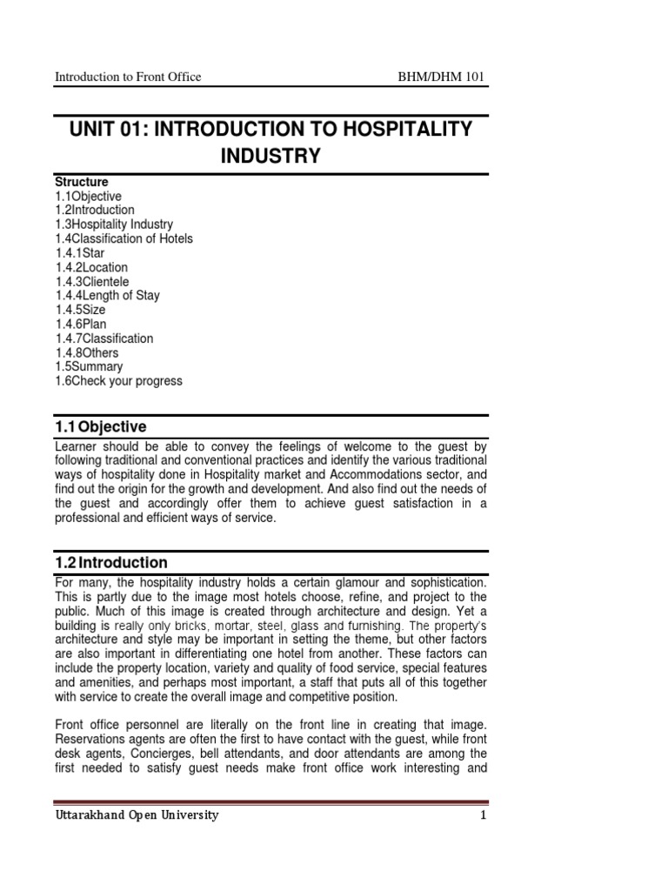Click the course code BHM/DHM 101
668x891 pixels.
pos(439,77)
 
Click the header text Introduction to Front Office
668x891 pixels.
pos(128,77)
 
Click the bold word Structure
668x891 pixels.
pos(82,182)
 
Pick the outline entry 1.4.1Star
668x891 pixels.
pos(80,253)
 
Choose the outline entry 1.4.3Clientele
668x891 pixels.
pos(91,281)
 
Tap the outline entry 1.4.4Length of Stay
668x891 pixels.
pos(107,296)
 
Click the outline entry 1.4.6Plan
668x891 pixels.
pos(81,325)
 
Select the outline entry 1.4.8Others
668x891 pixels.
pos(87,352)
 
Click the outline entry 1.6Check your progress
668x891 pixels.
pos(118,381)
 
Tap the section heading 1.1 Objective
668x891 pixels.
pos(101,426)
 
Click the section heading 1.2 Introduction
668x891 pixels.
pos(111,562)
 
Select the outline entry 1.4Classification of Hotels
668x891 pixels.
pos(124,238)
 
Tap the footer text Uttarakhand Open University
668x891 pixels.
pos(137,815)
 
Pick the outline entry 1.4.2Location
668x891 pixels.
pos(90,267)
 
